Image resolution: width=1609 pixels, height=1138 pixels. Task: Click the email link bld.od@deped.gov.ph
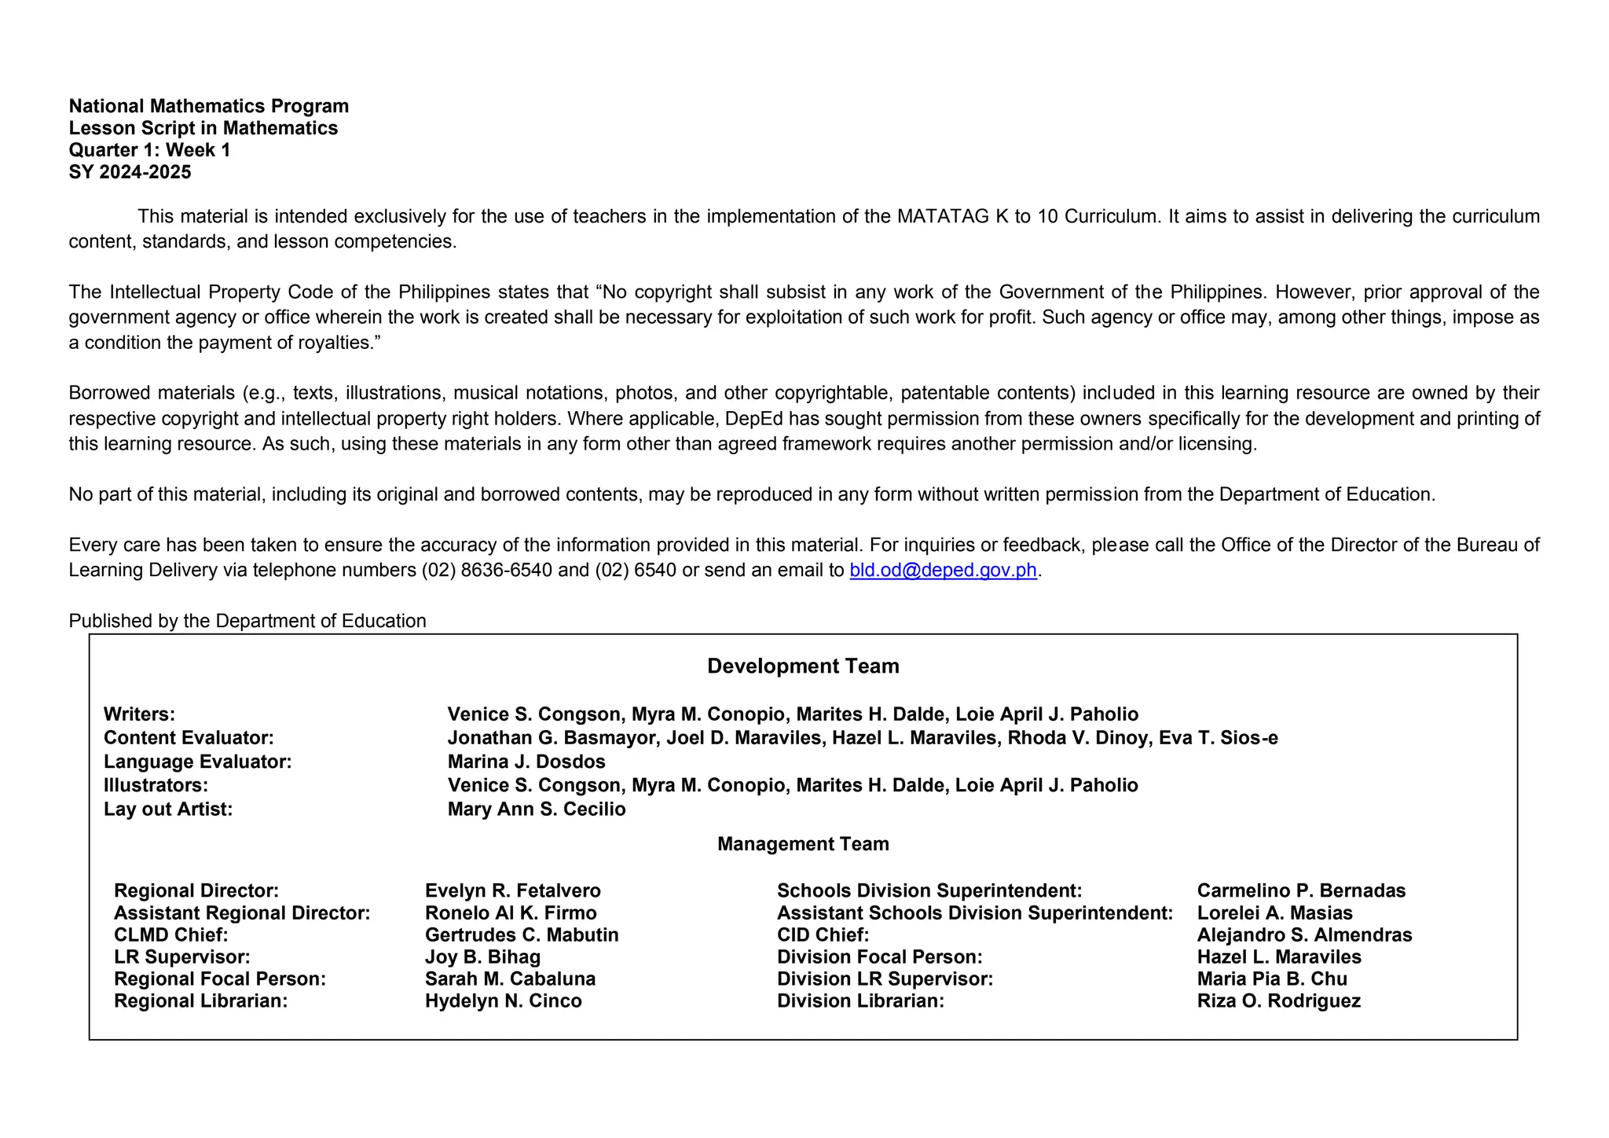tap(943, 571)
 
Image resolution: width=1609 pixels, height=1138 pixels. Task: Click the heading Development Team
tap(803, 666)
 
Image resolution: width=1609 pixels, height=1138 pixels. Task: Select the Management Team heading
tap(803, 844)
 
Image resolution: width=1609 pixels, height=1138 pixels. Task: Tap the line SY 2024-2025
tap(130, 172)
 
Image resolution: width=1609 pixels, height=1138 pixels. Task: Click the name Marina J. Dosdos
tap(526, 762)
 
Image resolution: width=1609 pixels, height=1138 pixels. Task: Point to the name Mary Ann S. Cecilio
tap(537, 809)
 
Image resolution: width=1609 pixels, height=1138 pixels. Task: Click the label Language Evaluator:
tap(197, 762)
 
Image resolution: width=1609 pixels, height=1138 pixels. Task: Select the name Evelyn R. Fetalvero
tap(512, 890)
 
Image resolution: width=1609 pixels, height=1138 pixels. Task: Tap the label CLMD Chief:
tap(170, 935)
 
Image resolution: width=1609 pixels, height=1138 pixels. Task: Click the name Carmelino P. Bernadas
tap(1301, 890)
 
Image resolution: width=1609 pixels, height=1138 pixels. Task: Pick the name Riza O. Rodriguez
tap(1278, 1001)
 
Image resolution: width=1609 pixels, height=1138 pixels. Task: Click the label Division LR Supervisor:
tap(885, 979)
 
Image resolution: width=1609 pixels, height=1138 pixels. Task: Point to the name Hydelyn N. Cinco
tap(503, 1001)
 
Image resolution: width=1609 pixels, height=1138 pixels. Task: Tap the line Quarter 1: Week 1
tap(149, 150)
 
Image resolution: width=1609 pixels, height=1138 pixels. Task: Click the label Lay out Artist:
tap(168, 809)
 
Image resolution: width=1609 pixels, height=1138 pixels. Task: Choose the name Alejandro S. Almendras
tap(1304, 935)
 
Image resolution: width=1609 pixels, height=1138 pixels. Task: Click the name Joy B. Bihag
tap(482, 957)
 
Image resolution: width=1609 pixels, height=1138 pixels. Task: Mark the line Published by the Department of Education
tap(247, 621)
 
